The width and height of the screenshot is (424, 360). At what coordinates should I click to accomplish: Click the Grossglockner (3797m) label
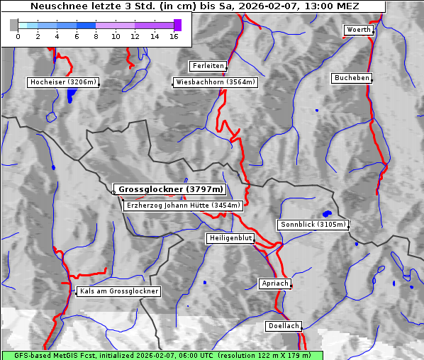point(170,189)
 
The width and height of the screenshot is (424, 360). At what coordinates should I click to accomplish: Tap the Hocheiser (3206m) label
point(62,82)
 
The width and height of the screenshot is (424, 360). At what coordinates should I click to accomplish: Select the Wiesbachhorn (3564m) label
point(216,82)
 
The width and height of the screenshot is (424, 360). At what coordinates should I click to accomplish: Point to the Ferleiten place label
point(208,66)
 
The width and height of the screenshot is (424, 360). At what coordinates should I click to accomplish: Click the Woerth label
point(358,30)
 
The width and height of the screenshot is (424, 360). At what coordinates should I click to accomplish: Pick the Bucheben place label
point(352,77)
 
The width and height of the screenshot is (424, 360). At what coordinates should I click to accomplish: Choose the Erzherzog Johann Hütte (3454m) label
point(183,206)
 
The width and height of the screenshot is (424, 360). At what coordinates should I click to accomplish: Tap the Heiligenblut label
point(230,238)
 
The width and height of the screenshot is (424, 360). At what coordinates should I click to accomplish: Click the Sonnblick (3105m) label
point(313,225)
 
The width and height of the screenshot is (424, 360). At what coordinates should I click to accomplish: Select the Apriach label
point(274,283)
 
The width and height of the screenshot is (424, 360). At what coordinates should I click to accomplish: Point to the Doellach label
point(284,327)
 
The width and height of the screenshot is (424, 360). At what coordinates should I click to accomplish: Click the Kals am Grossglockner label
point(118,291)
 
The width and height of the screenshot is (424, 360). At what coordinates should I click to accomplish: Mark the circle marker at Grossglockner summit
point(113,191)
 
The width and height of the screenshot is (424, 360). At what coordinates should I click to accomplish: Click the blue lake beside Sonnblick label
point(327,213)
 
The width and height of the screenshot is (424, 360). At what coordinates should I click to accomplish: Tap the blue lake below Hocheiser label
point(69,97)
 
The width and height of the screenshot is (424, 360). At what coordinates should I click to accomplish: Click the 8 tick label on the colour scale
point(96,36)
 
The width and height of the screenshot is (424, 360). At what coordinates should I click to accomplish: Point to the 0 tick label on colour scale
point(18,36)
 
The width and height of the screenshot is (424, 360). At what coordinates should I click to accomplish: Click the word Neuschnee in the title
point(52,6)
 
